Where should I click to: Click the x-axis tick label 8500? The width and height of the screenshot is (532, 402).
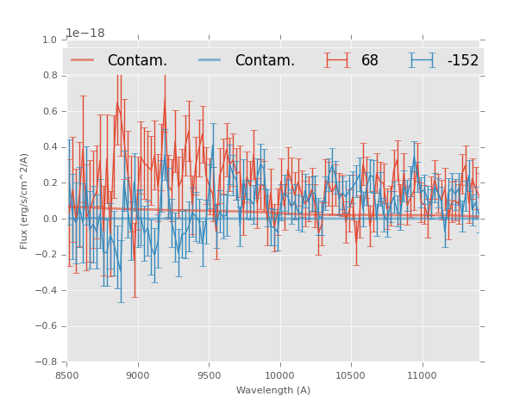pos(67,375)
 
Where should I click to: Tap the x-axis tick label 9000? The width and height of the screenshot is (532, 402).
pos(138,375)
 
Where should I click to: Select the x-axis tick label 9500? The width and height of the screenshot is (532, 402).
pos(209,375)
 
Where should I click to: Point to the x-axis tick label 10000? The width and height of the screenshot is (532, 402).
pos(280,375)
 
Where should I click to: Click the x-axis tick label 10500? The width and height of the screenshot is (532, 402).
pos(351,375)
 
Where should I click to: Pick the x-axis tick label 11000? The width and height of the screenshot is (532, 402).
pos(422,375)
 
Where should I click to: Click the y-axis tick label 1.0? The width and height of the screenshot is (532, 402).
pos(48,40)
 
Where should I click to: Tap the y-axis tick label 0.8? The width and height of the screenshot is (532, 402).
pos(48,76)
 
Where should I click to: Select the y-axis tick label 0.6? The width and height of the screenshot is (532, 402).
pos(48,112)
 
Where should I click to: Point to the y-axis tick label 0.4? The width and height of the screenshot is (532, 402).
pos(48,147)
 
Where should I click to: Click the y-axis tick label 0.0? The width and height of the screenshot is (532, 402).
pos(48,219)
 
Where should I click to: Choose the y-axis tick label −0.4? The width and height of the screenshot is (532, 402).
pos(45,290)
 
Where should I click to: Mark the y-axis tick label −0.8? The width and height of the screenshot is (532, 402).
pos(45,362)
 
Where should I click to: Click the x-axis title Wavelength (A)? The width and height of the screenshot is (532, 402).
pos(273,391)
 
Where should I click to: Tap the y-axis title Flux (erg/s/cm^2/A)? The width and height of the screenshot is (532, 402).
pos(24,201)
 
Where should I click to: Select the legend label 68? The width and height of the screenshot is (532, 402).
pos(370,60)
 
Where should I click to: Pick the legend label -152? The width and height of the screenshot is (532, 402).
pos(462,60)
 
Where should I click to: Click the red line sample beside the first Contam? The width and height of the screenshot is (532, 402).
pos(83,60)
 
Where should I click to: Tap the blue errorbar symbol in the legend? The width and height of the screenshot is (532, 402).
pos(422,60)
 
